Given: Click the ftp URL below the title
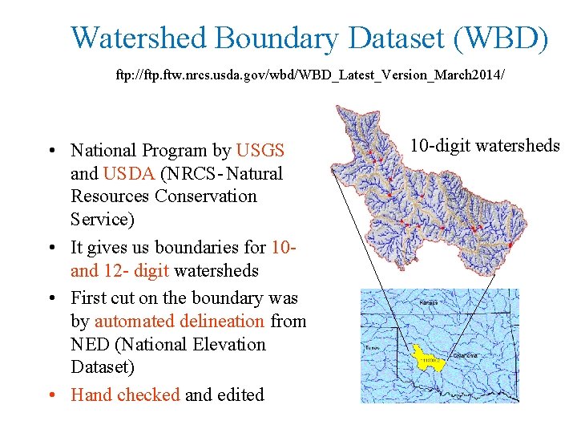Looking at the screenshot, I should (x=310, y=77).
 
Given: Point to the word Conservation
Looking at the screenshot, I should (x=206, y=196).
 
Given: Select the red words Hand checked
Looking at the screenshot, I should (x=125, y=395).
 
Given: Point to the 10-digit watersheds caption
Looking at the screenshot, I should (x=485, y=145).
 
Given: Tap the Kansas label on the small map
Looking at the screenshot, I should (x=429, y=304).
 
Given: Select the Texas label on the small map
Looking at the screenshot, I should (x=372, y=349).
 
